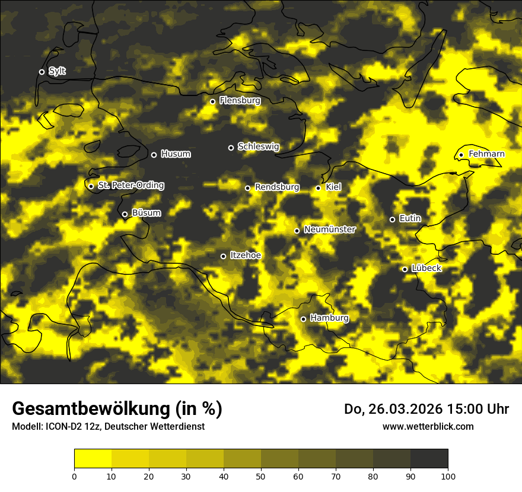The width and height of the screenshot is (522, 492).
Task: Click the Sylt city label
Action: click(x=57, y=71)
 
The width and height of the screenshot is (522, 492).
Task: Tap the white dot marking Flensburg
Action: click(x=212, y=101)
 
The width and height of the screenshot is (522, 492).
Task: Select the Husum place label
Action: click(x=176, y=154)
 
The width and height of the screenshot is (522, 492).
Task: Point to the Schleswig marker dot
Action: click(x=231, y=148)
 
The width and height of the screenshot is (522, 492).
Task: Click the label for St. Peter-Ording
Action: click(x=130, y=186)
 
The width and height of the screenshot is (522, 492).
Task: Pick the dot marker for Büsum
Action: click(x=125, y=215)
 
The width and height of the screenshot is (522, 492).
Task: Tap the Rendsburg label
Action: click(x=277, y=187)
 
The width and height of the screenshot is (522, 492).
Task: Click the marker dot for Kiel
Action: click(x=318, y=188)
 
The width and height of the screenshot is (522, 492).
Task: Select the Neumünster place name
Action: click(x=330, y=229)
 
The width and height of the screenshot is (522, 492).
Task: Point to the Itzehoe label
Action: click(x=246, y=255)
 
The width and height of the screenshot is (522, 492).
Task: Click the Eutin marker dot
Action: click(x=392, y=219)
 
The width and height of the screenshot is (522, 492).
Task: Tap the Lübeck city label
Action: click(x=426, y=269)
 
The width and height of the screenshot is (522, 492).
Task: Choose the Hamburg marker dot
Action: click(x=303, y=319)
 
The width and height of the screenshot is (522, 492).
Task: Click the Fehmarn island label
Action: click(x=486, y=154)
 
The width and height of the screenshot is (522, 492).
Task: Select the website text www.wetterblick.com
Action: click(x=428, y=426)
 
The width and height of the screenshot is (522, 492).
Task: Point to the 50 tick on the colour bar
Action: click(x=261, y=475)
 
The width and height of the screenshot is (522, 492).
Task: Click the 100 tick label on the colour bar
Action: click(x=448, y=475)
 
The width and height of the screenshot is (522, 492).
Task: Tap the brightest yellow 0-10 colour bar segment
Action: click(x=93, y=458)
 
